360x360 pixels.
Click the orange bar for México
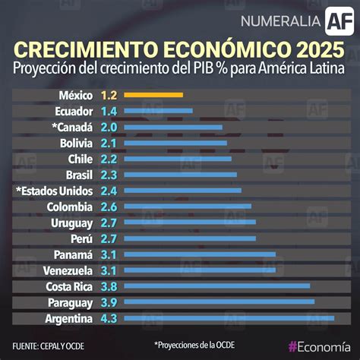pyautogui.click(x=153, y=95)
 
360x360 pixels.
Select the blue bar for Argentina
pyautogui.click(x=228, y=318)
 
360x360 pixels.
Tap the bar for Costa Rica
pyautogui.click(x=216, y=286)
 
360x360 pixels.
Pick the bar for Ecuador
pyautogui.click(x=157, y=111)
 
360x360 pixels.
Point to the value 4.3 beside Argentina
pyautogui.click(x=109, y=318)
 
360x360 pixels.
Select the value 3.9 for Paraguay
pyautogui.click(x=109, y=302)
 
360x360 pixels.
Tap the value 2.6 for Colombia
pyautogui.click(x=109, y=207)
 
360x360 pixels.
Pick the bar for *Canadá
pyautogui.click(x=172, y=127)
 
